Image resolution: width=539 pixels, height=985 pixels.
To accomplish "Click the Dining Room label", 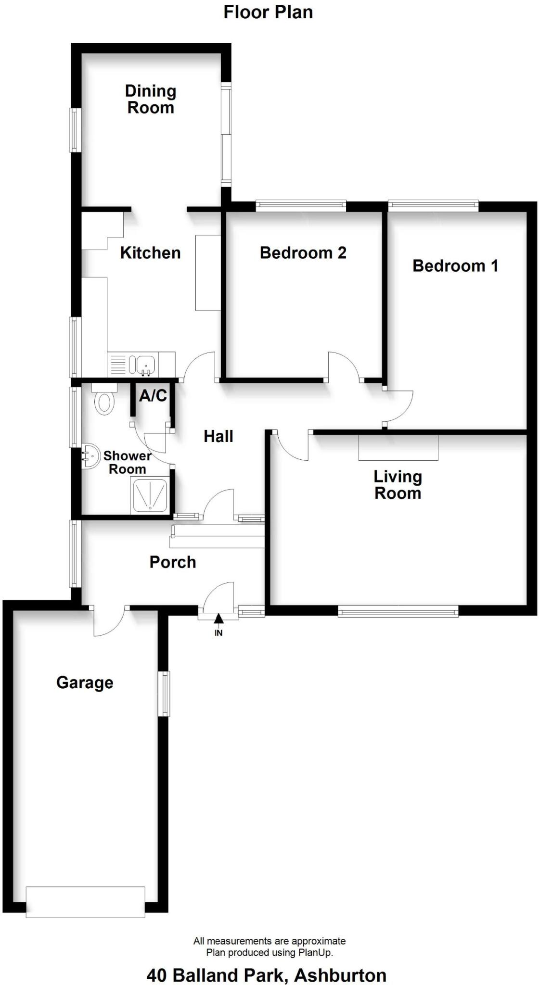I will coord(151,99).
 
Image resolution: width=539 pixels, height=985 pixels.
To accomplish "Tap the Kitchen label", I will coord(150,253).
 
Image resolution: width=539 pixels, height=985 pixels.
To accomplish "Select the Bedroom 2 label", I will coord(303,253).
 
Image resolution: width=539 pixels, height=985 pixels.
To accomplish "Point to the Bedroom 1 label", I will coord(455,266).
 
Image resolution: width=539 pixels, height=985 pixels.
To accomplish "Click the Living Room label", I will coord(398,485).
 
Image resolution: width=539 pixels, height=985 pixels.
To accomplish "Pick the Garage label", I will coord(85,682).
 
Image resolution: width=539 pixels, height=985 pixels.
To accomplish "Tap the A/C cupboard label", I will coord(153,396).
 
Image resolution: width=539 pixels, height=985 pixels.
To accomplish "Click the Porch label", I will coord(173,562).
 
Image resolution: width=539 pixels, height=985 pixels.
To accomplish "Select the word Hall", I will coord(218,437).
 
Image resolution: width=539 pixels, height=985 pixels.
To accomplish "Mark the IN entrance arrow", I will coord(218,619).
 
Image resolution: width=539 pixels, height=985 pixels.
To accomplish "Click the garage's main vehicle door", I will coord(85,902).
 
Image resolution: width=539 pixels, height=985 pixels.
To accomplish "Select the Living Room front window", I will coord(398,612).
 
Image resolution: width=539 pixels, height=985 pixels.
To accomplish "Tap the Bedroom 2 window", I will coord(301,206).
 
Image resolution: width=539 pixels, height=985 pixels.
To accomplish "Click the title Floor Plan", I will coord(268,13).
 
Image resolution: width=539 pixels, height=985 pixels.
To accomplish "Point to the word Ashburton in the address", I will coord(340,975).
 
